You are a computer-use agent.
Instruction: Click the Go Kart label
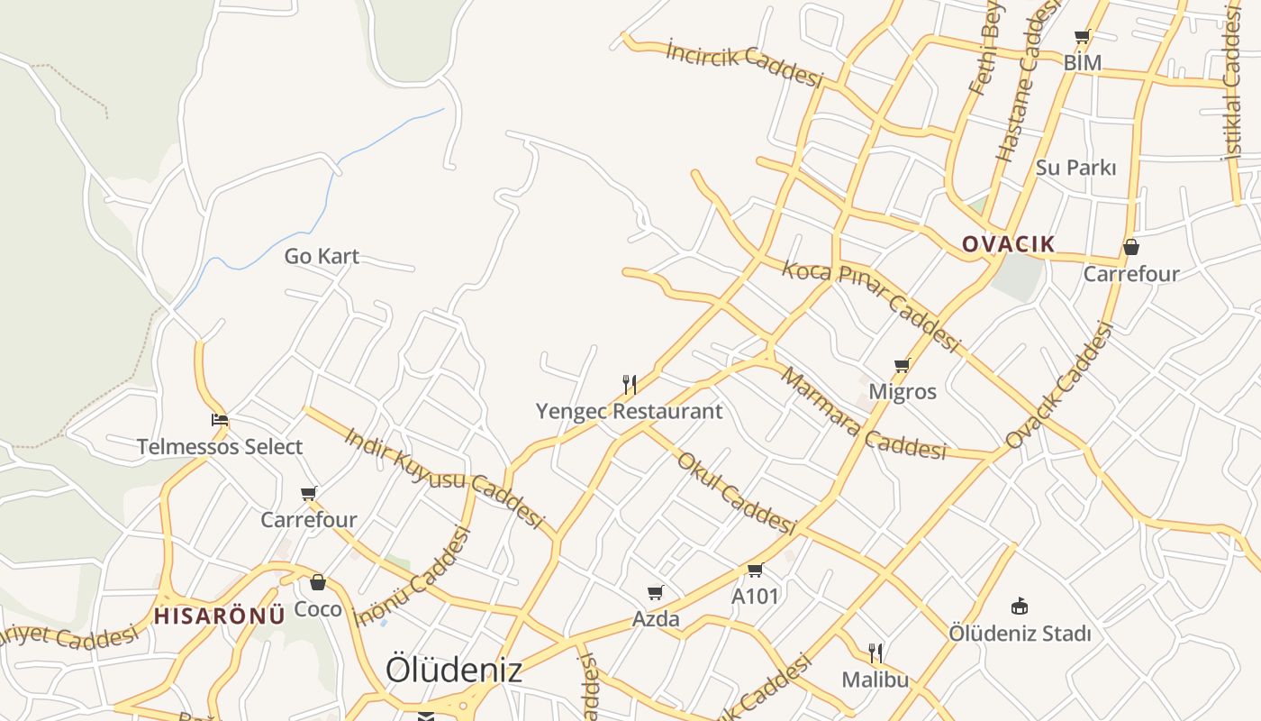point(322,256)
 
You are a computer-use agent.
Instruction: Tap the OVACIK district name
point(1008,244)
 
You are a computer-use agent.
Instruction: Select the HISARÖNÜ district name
point(219,616)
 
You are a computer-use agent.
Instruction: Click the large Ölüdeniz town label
point(454,670)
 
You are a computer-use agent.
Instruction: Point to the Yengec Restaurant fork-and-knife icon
point(630,385)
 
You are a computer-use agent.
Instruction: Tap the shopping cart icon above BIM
point(1082,37)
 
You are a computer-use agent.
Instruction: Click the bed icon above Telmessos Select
point(219,420)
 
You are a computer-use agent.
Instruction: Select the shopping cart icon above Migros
point(902,365)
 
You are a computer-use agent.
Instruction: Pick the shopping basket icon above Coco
point(317,582)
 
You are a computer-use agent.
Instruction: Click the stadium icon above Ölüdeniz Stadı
point(1020,606)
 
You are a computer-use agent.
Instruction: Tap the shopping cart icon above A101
point(755,570)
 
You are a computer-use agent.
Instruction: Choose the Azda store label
point(656,619)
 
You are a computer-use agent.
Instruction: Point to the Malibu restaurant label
point(875,679)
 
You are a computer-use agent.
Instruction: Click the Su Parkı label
point(1075,168)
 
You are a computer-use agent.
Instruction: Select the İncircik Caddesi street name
point(745,64)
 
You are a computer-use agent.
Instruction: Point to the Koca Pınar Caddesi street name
point(871,304)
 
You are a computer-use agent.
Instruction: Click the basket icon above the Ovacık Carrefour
point(1130,247)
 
